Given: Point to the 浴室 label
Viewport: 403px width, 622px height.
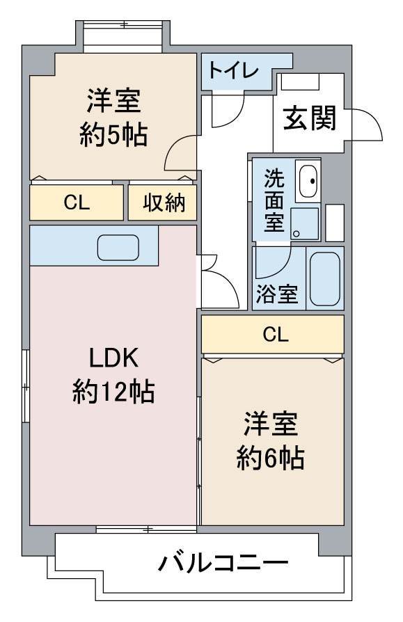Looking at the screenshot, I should click(x=276, y=294).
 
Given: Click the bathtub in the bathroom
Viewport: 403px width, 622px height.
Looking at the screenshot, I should click(x=324, y=278).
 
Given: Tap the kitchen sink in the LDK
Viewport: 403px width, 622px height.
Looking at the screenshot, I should click(x=118, y=247).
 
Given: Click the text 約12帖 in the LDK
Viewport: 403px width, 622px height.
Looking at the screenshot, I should click(x=113, y=393).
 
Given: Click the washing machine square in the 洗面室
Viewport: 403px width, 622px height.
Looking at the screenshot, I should click(x=305, y=223).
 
